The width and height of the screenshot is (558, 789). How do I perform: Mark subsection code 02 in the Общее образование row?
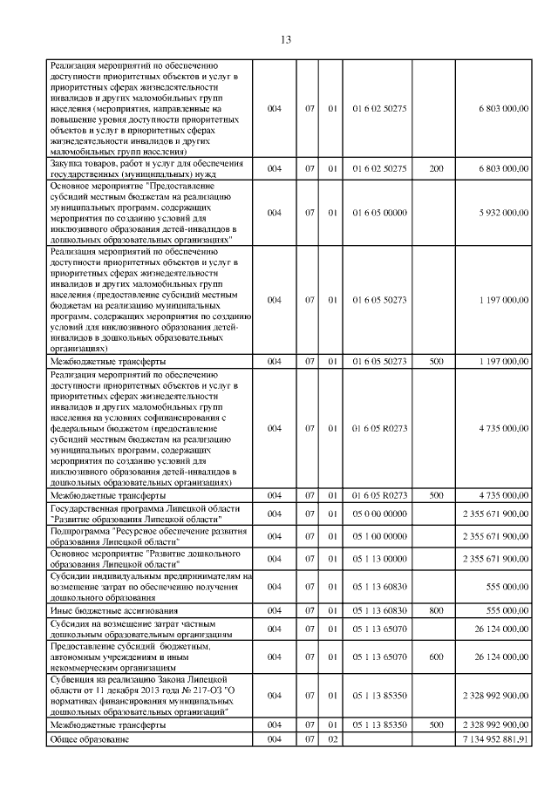click(x=332, y=739)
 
